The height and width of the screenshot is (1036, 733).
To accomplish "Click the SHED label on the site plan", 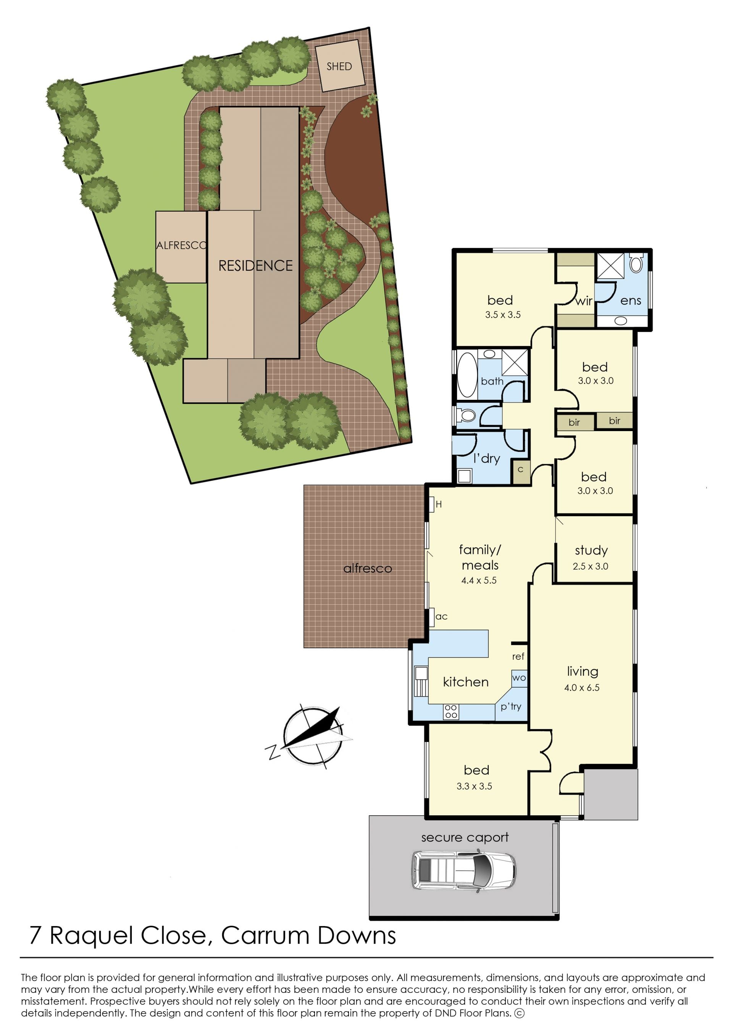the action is pyautogui.click(x=339, y=66).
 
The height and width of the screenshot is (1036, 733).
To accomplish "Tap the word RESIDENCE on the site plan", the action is pyautogui.click(x=255, y=265).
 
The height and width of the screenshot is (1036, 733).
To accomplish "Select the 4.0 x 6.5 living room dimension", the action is pyautogui.click(x=582, y=687).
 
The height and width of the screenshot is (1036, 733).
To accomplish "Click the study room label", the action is pyautogui.click(x=591, y=550).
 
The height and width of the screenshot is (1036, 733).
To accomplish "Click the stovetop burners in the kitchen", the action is pyautogui.click(x=451, y=711).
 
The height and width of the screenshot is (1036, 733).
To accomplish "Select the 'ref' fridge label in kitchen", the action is pyautogui.click(x=518, y=656).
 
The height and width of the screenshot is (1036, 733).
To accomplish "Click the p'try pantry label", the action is pyautogui.click(x=511, y=706).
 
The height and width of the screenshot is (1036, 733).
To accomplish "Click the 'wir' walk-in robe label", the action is pyautogui.click(x=584, y=301).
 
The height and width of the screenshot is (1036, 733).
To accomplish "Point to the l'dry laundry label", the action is pyautogui.click(x=486, y=458).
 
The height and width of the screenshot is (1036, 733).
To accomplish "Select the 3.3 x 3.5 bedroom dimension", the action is pyautogui.click(x=475, y=786).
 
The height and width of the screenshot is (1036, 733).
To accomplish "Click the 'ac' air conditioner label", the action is pyautogui.click(x=441, y=617).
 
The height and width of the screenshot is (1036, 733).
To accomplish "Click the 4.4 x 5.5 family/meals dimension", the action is pyautogui.click(x=479, y=580).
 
